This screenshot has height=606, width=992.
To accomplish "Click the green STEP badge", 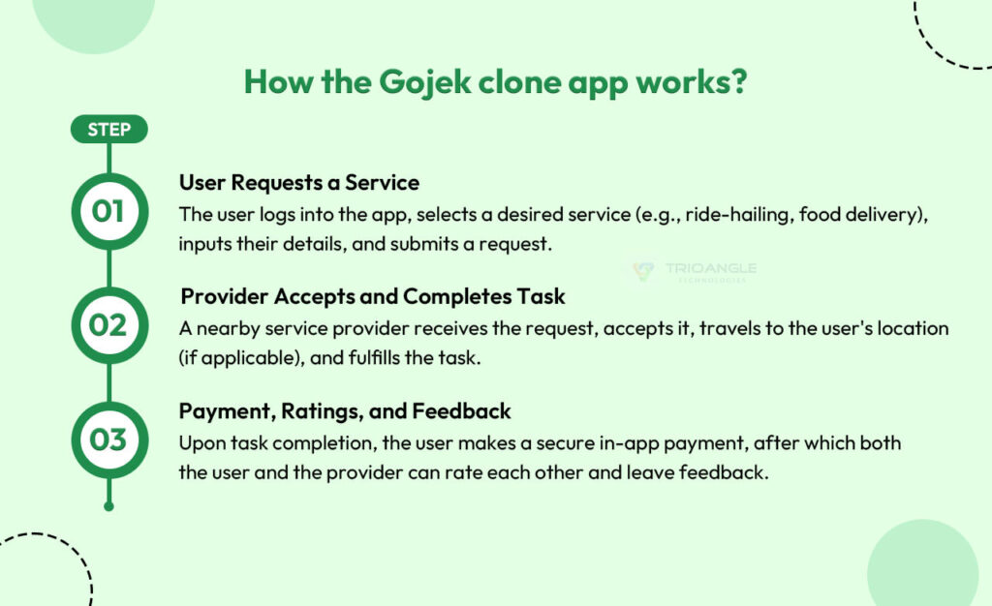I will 108,130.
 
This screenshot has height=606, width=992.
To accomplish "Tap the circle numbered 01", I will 108,210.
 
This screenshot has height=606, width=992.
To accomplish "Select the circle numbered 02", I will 108,325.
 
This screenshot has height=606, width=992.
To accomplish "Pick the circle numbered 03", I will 108,440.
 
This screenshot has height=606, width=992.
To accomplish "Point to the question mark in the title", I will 737,81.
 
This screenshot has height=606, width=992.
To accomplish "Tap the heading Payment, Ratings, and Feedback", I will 345,411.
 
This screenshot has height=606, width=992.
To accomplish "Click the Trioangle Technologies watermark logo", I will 694,272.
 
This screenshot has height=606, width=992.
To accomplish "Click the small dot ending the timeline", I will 108,505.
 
